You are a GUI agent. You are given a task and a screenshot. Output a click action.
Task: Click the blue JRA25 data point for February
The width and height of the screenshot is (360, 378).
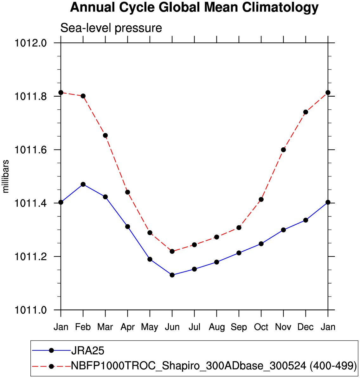83,184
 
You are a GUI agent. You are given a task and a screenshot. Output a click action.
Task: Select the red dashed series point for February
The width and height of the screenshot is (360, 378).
83,96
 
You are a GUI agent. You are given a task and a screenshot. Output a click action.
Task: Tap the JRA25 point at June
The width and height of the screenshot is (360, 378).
172,275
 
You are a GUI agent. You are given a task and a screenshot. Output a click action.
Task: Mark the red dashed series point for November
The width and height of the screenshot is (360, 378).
283,150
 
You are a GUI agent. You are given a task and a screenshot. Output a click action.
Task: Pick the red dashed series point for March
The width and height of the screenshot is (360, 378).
105,136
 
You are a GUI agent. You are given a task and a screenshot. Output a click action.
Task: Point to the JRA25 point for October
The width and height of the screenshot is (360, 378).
261,244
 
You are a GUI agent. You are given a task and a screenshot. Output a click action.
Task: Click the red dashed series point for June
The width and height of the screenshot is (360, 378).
172,251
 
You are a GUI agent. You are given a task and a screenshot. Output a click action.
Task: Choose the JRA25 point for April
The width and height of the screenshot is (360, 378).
127,227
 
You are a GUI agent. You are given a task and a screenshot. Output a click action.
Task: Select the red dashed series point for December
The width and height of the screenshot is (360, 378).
305,112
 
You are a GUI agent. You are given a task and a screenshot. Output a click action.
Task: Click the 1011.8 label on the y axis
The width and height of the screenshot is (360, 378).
31,96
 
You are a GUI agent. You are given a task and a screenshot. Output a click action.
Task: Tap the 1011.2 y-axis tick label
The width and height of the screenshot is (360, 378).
31,257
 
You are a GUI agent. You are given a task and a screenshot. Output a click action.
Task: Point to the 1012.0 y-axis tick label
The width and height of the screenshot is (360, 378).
31,43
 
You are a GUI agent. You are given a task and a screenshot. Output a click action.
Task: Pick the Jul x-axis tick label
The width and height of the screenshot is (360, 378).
194,327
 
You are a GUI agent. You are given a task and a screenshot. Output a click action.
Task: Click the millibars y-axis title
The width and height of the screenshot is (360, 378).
6,176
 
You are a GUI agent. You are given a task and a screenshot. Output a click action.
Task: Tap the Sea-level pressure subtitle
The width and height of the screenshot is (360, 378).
111,28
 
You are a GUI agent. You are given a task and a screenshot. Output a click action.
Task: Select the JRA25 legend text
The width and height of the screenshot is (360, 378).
88,351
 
